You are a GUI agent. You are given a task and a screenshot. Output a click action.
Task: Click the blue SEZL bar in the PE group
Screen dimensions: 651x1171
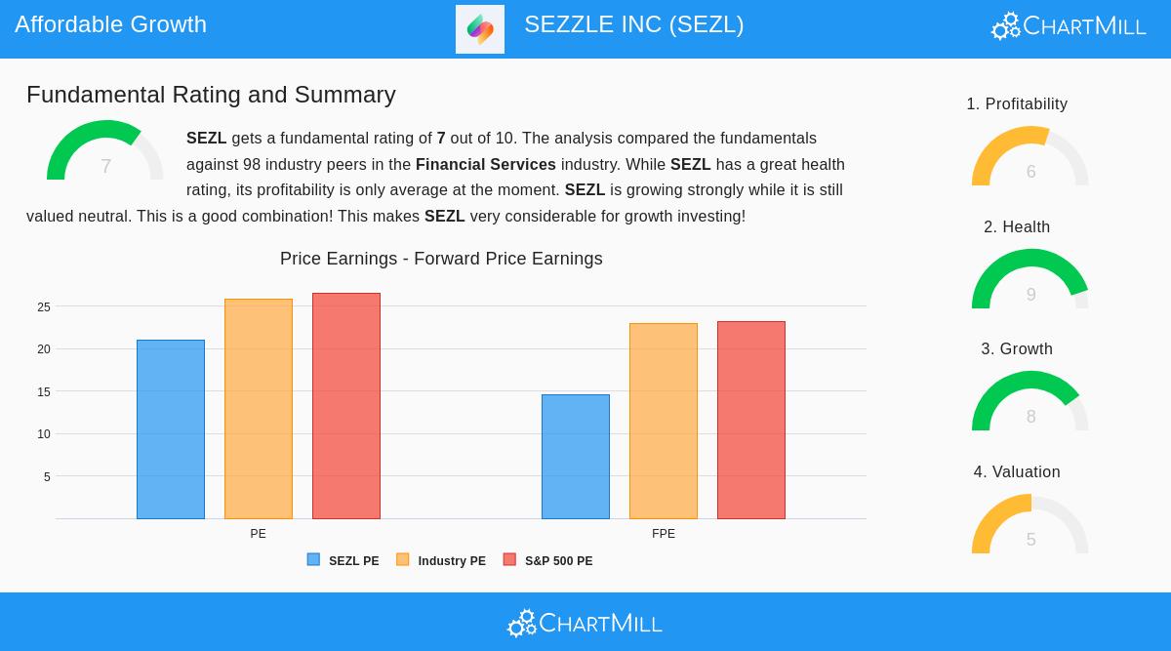tap(171, 429)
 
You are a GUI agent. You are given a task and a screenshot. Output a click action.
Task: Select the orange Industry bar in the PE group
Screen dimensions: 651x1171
tap(259, 409)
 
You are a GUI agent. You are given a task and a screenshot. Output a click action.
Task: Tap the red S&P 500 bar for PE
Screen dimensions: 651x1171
tap(346, 406)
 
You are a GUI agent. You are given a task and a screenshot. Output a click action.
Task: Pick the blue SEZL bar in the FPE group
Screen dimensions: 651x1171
tap(576, 457)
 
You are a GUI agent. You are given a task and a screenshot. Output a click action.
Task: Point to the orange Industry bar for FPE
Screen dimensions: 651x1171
tap(664, 421)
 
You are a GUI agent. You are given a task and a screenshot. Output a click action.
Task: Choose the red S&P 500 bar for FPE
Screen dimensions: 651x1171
tap(751, 420)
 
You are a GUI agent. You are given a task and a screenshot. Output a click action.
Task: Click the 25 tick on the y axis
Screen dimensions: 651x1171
tap(44, 307)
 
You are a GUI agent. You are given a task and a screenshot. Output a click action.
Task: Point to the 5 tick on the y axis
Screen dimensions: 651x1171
tap(47, 477)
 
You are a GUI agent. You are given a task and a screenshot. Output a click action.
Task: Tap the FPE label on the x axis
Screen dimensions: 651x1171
tap(664, 534)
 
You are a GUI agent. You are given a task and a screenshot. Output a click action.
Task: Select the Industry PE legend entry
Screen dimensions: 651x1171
tap(441, 561)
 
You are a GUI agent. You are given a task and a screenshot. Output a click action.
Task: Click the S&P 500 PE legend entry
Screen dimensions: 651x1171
tap(548, 561)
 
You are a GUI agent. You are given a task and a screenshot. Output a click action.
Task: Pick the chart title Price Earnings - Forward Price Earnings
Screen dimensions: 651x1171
tap(441, 259)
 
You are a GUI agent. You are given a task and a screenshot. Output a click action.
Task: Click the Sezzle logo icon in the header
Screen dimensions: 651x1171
tap(480, 29)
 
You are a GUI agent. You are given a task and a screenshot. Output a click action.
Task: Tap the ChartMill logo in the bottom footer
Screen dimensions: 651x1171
tap(585, 623)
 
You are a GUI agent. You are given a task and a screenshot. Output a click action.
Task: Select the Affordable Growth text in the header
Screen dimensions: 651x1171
tap(111, 24)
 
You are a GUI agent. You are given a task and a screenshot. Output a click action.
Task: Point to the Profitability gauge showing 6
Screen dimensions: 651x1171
tap(1030, 158)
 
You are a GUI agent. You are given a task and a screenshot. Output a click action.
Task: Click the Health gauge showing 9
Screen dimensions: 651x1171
tap(1030, 281)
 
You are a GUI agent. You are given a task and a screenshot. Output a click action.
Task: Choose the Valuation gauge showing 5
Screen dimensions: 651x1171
tap(1030, 526)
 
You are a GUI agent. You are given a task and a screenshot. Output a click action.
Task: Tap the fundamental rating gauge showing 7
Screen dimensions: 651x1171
tap(105, 153)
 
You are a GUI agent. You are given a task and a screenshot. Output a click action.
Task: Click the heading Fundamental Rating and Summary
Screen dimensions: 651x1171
tap(211, 95)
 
